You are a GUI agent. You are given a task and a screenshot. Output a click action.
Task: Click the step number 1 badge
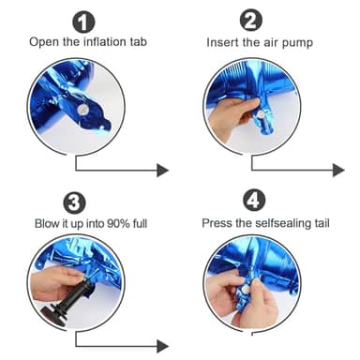83,22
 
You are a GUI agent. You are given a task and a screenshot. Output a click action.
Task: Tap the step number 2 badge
250,20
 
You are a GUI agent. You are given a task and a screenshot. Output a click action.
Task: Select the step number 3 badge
74,203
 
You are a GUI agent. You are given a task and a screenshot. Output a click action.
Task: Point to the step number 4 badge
254,201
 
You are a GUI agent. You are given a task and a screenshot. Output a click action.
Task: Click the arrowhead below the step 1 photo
162,171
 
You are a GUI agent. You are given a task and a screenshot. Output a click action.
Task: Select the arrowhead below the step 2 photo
338,171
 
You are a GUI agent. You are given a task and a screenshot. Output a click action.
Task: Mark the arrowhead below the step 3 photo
162,346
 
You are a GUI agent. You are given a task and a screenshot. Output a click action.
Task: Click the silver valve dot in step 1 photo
82,109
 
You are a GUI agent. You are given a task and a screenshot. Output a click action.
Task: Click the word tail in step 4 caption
322,223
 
